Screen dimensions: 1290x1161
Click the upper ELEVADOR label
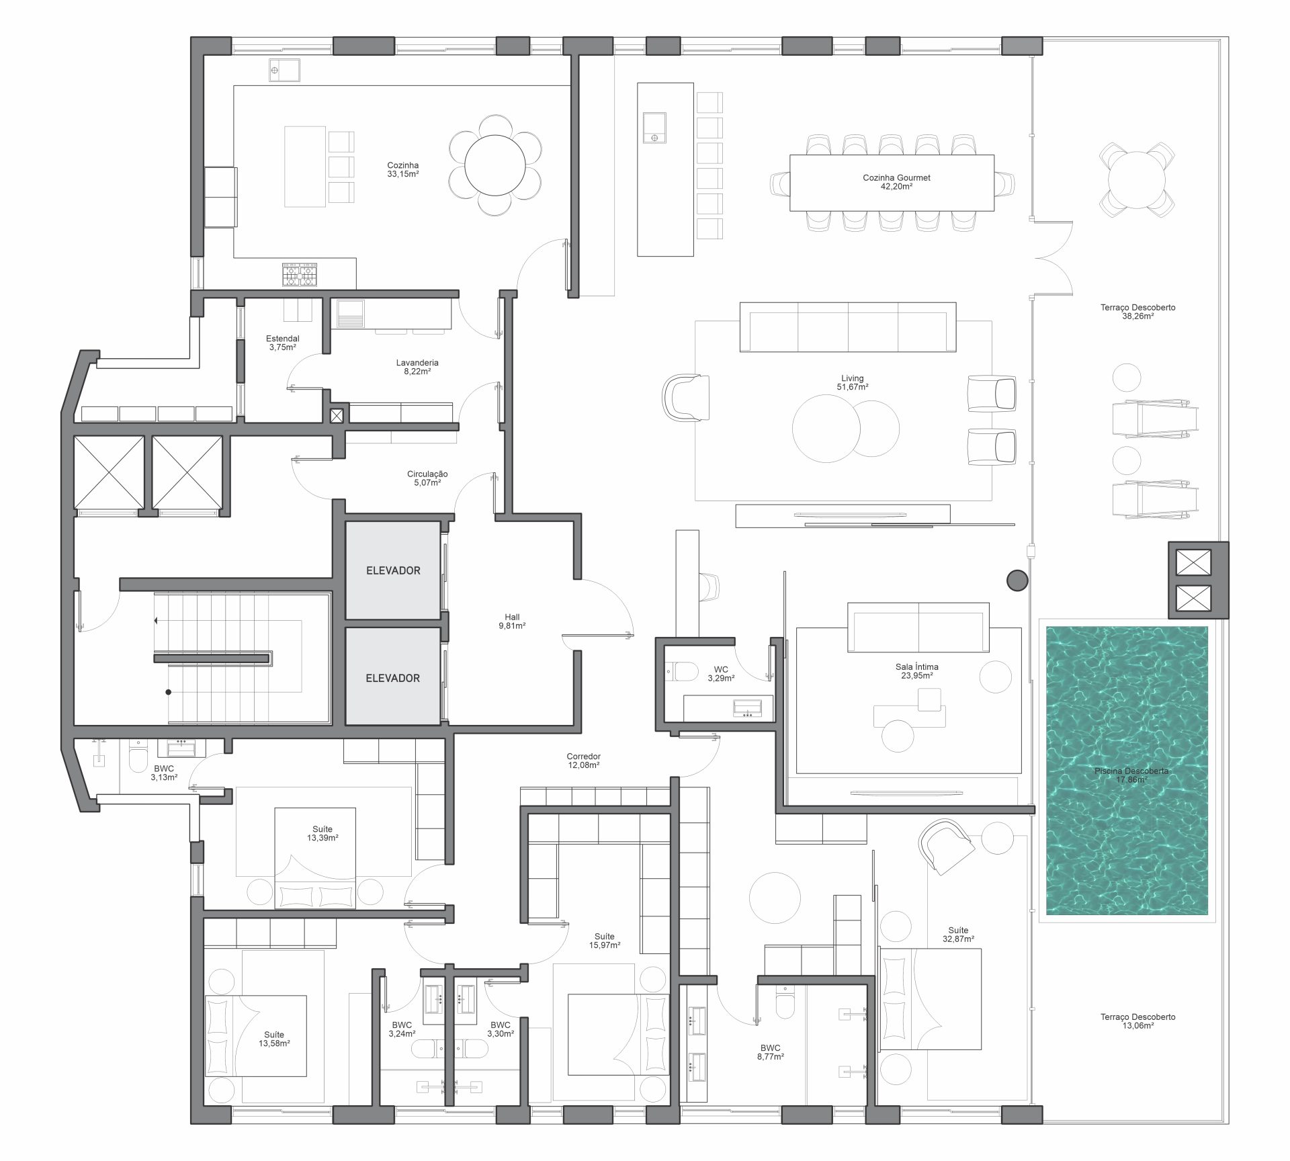click(x=393, y=570)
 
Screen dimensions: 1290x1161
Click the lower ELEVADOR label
click(x=393, y=679)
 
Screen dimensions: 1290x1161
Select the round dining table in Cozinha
click(x=496, y=165)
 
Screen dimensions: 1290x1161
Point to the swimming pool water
click(x=1127, y=771)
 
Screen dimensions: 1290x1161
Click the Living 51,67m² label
click(x=853, y=383)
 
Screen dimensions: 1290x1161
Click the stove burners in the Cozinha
click(x=300, y=274)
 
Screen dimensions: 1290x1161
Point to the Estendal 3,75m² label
click(x=283, y=343)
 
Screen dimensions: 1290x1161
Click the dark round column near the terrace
click(x=1017, y=580)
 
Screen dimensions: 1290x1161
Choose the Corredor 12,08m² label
click(x=583, y=761)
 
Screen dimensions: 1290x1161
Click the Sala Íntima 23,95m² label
click(x=917, y=671)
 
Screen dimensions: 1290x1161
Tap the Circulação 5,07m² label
click(x=427, y=478)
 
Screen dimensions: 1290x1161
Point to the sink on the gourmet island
click(x=655, y=128)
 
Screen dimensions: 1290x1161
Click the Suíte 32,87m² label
click(x=959, y=935)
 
